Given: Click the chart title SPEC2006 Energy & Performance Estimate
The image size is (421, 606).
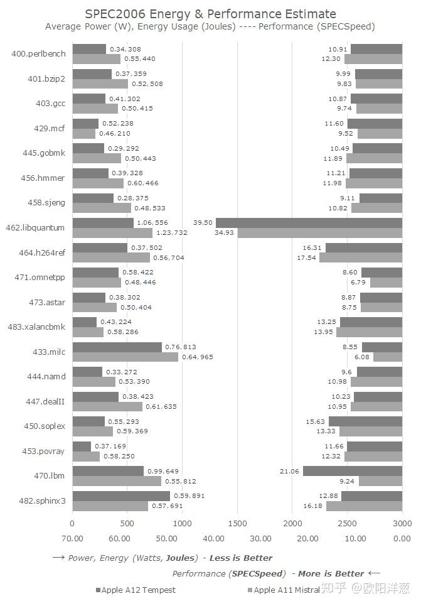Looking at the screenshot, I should click(x=210, y=14).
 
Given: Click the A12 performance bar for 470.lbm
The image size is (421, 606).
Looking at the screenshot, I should click(x=352, y=471).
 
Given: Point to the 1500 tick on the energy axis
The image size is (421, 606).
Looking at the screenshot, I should click(x=237, y=522).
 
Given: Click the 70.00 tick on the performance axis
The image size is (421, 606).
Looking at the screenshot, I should click(x=72, y=538).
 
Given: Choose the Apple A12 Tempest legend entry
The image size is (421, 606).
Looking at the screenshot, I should click(x=136, y=590).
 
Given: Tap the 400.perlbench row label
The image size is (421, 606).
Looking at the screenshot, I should click(x=38, y=54).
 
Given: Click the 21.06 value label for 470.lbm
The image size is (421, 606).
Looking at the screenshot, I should click(x=289, y=471).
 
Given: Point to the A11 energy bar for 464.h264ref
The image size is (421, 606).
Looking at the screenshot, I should click(x=111, y=257).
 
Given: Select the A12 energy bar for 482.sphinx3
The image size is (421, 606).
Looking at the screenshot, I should click(x=121, y=496).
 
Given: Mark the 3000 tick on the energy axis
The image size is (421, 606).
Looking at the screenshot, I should click(x=402, y=522).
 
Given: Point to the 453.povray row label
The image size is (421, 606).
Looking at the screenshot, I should click(x=41, y=452).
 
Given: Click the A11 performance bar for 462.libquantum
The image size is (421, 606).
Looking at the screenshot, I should click(x=319, y=233).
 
